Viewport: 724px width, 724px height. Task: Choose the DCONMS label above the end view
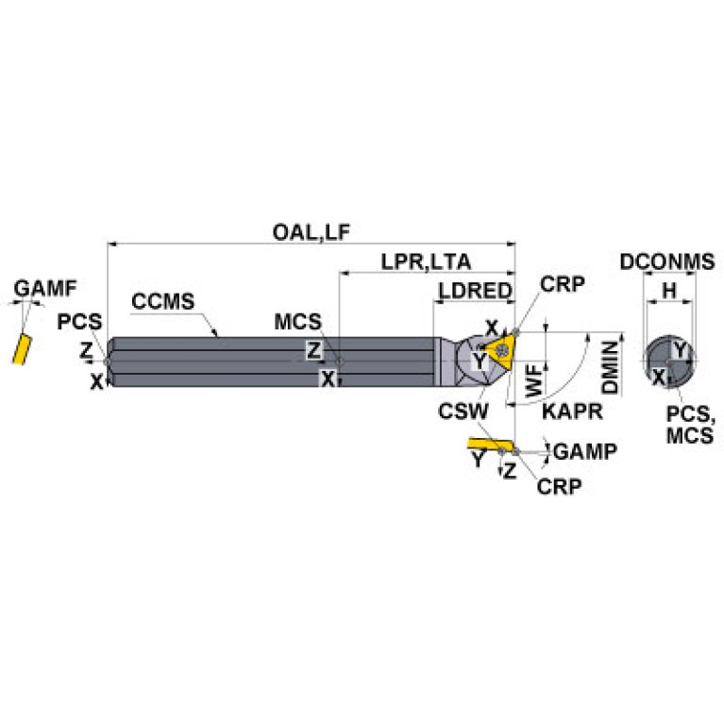click(667, 262)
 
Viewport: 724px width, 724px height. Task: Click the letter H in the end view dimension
click(669, 292)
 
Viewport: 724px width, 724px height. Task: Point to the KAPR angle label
click(566, 411)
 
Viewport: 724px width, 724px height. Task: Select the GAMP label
click(585, 451)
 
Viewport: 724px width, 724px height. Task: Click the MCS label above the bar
click(297, 322)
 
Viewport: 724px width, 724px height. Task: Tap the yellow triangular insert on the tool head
click(497, 350)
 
